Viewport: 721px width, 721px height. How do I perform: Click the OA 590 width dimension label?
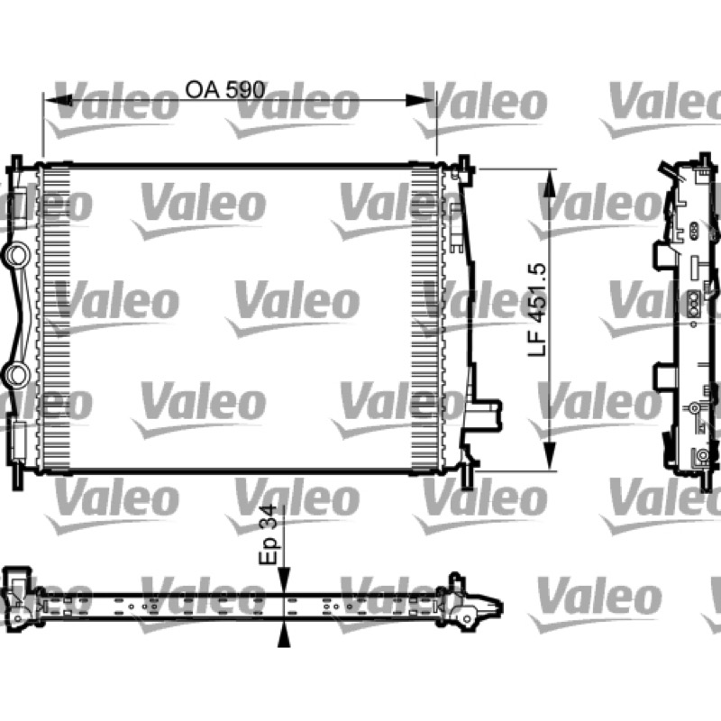(x=224, y=89)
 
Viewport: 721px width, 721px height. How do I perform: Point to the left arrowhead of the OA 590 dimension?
(x=58, y=100)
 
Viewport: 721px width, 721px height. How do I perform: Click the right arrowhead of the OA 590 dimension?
(x=419, y=100)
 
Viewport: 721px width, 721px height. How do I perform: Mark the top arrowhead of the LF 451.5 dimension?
(x=550, y=183)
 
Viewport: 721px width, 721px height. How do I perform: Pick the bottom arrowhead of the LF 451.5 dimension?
(x=550, y=456)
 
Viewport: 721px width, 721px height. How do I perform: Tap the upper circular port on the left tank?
(x=17, y=255)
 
